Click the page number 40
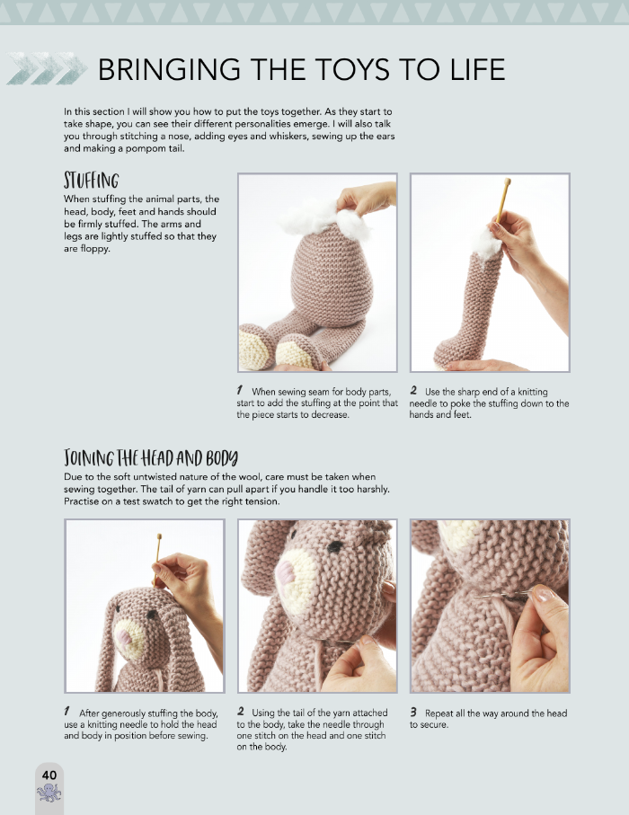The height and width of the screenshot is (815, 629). [49, 775]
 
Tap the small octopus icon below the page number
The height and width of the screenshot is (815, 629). [49, 793]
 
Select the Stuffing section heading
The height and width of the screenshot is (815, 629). [92, 181]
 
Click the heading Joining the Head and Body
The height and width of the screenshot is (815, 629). [151, 458]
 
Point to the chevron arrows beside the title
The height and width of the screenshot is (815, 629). [47, 68]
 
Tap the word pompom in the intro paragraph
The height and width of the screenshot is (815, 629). [142, 148]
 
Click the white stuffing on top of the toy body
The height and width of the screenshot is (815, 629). [325, 219]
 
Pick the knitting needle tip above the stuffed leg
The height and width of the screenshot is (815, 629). [508, 182]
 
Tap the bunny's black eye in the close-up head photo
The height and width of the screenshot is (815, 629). [335, 546]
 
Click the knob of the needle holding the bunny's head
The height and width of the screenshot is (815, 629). [159, 536]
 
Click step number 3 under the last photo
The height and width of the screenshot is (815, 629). [413, 712]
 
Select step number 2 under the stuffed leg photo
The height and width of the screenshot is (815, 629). [413, 390]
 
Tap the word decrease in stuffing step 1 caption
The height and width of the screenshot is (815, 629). [330, 415]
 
